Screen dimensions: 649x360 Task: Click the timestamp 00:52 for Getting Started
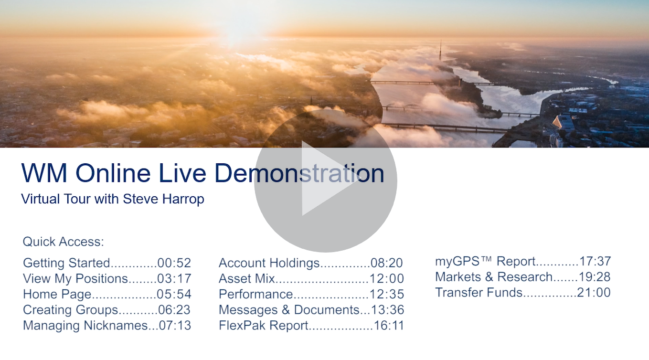tap(174, 263)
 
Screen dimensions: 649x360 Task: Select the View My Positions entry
tap(107, 279)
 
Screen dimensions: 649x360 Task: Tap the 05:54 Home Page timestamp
tap(174, 294)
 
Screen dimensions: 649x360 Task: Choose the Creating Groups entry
tap(106, 310)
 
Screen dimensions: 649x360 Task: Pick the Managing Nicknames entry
tap(107, 326)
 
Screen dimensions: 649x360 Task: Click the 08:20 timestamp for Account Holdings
tap(387, 263)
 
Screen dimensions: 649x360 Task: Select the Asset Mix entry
tap(311, 279)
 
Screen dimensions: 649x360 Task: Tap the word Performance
tap(256, 294)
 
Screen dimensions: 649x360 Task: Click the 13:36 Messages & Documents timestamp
tap(387, 310)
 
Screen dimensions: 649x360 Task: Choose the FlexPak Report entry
tap(311, 326)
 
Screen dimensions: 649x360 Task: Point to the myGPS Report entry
tap(523, 262)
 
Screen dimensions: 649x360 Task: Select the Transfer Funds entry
tap(523, 293)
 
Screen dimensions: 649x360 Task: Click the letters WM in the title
tap(44, 173)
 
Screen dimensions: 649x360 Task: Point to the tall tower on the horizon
tap(440, 51)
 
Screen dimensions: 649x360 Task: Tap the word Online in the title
tap(113, 173)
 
